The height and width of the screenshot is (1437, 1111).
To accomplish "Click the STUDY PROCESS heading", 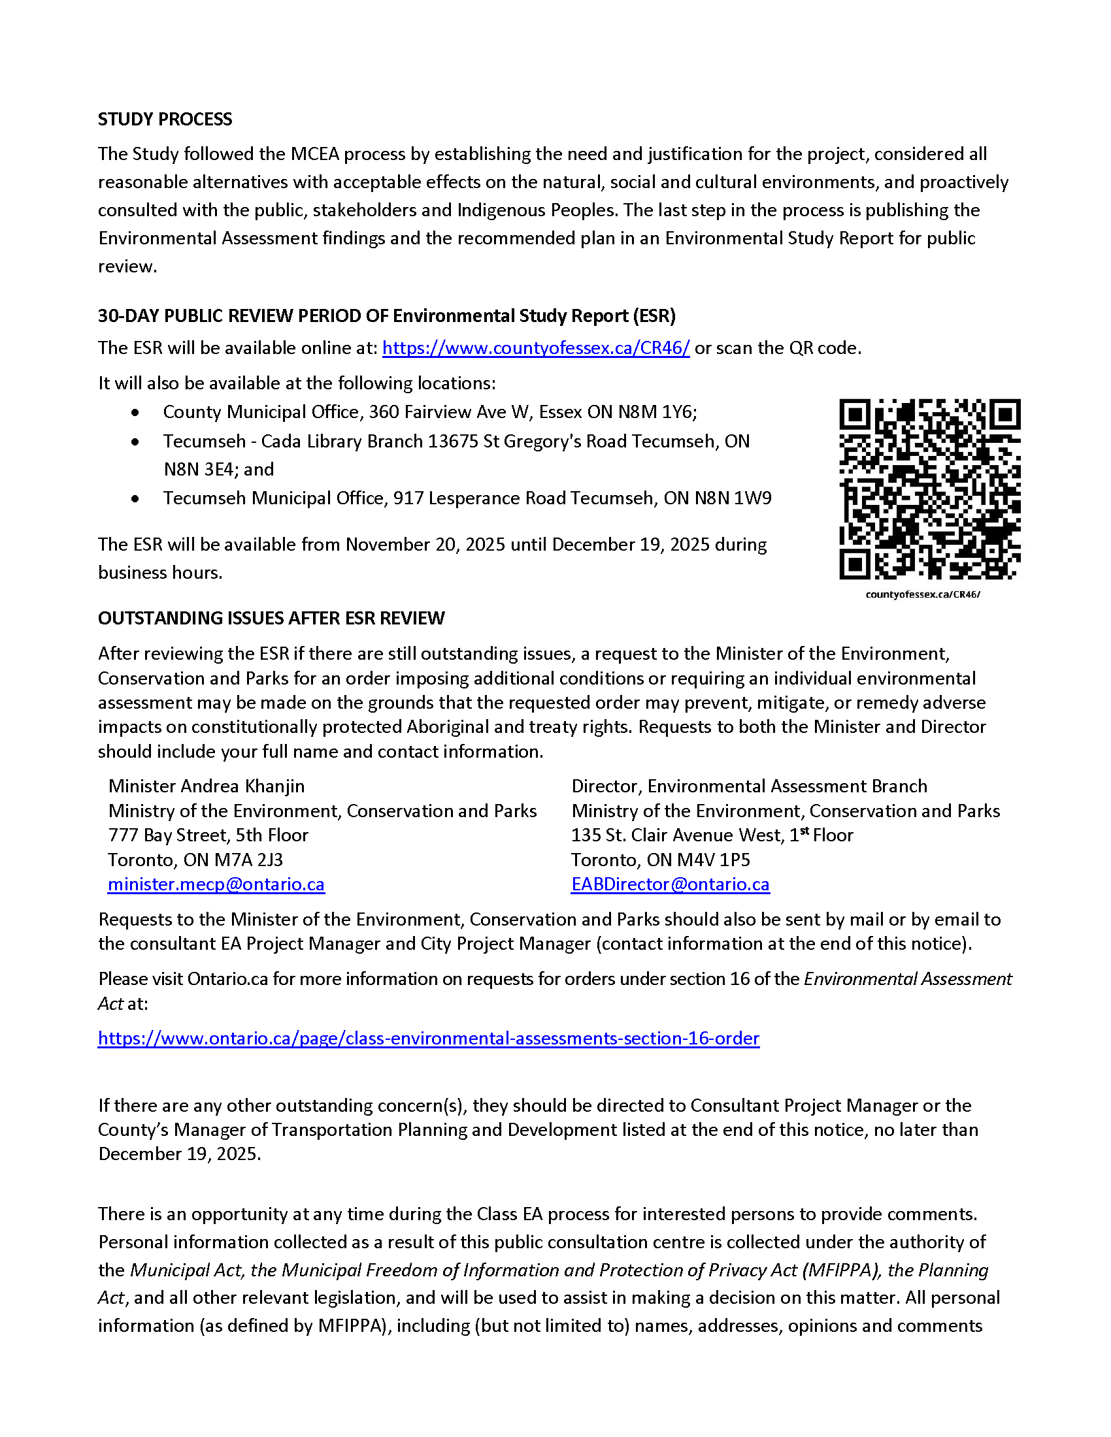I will coord(165,119).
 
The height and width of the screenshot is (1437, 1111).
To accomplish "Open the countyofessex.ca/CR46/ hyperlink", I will coord(536,348).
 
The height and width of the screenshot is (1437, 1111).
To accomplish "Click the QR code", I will coord(929,489).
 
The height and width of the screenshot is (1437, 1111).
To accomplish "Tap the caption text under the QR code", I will coord(922,594).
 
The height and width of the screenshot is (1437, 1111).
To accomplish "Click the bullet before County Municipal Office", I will coord(135,413).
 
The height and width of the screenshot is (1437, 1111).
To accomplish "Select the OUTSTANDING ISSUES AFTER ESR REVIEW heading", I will coord(271,618).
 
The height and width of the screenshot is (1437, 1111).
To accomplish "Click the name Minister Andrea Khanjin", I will coord(206,786).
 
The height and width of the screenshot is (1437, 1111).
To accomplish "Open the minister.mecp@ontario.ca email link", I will coord(216,884).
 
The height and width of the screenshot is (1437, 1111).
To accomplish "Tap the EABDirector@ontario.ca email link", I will coord(670,884).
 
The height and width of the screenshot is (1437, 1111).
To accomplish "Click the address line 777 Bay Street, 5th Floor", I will coord(208,835).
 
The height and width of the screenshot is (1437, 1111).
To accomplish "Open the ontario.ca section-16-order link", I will coord(429,1039).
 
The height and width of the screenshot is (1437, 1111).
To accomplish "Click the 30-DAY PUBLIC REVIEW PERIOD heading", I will coord(386,316).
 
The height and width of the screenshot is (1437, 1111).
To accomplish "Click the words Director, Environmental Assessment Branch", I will coord(749,786).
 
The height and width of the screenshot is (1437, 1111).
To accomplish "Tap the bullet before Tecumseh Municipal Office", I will coord(135,499).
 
